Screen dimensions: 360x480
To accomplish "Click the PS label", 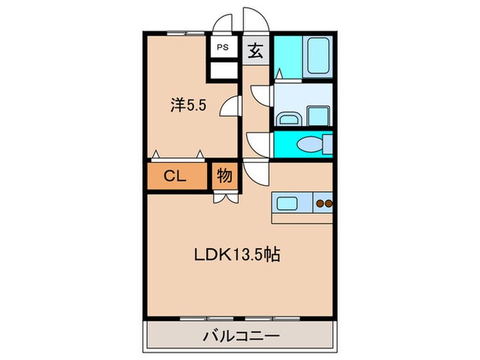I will tap(223, 47).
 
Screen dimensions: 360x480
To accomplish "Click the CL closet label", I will tap(176, 176).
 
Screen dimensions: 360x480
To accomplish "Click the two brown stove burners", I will tap(324, 203).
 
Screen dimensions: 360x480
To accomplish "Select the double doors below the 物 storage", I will tap(224, 198).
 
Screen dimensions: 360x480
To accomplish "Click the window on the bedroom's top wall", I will tap(186, 32).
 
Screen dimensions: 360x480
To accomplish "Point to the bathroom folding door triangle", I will tap(278, 72).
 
